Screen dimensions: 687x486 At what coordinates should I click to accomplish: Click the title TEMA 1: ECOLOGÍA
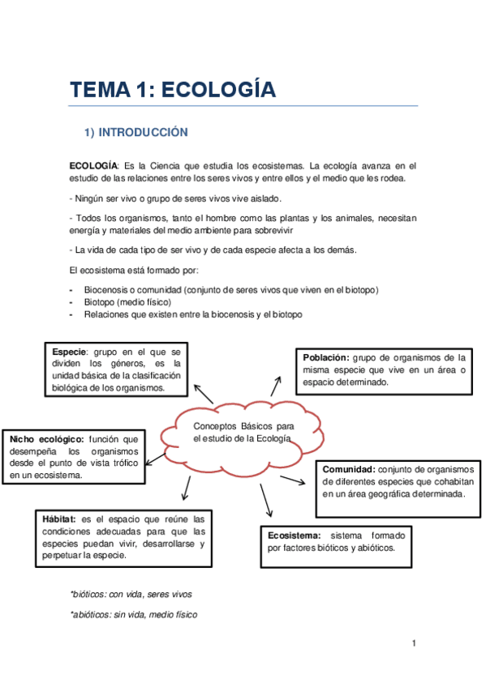pyautogui.click(x=172, y=89)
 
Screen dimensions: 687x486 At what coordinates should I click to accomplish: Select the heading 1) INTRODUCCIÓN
pyautogui.click(x=136, y=132)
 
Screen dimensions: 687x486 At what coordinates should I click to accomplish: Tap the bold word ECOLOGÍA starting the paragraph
pyautogui.click(x=93, y=166)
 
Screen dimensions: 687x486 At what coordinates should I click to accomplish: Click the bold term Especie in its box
pyautogui.click(x=69, y=352)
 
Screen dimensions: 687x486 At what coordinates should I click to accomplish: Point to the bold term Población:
pyautogui.click(x=326, y=357)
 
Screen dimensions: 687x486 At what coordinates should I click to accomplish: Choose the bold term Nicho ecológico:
pyautogui.click(x=47, y=438)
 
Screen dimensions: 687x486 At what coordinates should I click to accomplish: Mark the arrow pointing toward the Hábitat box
pyautogui.click(x=187, y=488)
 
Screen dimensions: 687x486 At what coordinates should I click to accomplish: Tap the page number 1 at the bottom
pyautogui.click(x=414, y=643)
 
